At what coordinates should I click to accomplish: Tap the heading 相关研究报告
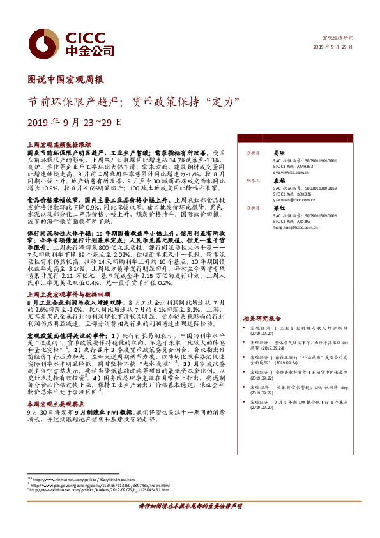click(x=262, y=318)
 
